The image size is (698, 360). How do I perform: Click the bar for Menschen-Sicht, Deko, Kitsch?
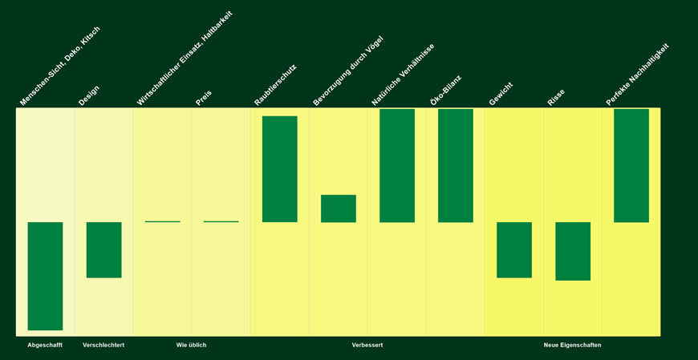pyautogui.click(x=45, y=276)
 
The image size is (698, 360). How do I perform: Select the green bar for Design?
pyautogui.click(x=103, y=250)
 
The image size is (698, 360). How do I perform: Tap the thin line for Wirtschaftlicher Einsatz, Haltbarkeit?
pyautogui.click(x=162, y=221)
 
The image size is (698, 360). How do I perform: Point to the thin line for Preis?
pyautogui.click(x=221, y=221)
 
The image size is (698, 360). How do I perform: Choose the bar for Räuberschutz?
pyautogui.click(x=279, y=169)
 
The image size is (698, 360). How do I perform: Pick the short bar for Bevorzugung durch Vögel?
pyautogui.click(x=338, y=208)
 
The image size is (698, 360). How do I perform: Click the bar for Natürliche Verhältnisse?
pyautogui.click(x=396, y=165)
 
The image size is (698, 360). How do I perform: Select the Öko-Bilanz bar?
pyautogui.click(x=455, y=165)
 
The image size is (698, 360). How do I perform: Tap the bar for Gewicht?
pyautogui.click(x=513, y=250)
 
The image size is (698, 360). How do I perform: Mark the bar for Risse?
pyautogui.click(x=572, y=251)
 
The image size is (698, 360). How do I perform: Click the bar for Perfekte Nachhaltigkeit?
pyautogui.click(x=631, y=165)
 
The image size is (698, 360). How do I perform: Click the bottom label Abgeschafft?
pyautogui.click(x=45, y=345)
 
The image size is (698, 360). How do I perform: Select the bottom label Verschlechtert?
pyautogui.click(x=103, y=345)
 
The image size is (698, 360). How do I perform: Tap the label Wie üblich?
pyautogui.click(x=191, y=345)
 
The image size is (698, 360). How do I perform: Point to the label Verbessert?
pyautogui.click(x=367, y=345)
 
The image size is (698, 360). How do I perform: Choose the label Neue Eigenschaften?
pyautogui.click(x=572, y=345)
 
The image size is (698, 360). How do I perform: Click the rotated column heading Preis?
pyautogui.click(x=204, y=98)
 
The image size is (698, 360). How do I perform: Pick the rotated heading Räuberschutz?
pyautogui.click(x=275, y=85)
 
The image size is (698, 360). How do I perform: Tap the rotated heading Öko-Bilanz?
pyautogui.click(x=445, y=91)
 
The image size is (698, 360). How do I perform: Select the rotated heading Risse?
pyautogui.click(x=556, y=97)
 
